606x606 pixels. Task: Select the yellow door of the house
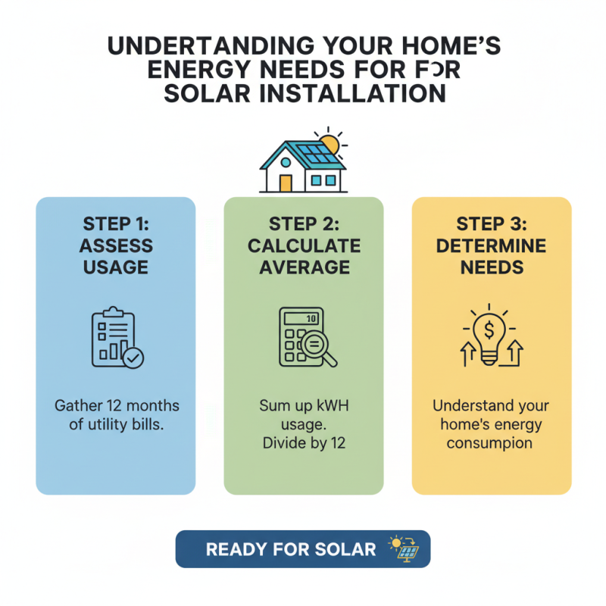click(x=286, y=182)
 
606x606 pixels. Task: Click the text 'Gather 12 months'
click(x=116, y=405)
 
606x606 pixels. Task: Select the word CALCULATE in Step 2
click(x=303, y=245)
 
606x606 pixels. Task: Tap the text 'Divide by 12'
click(x=303, y=442)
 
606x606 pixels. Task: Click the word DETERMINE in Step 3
click(x=491, y=245)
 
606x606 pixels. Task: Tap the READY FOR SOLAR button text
click(x=291, y=549)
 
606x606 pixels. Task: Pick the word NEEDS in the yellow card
click(x=491, y=267)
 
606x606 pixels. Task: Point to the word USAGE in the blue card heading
click(x=115, y=267)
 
